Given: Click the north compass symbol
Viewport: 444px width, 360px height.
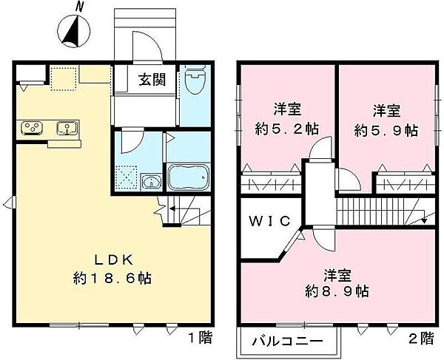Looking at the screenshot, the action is pos(73,30).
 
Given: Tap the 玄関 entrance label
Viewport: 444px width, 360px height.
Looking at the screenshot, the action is pos(152,80).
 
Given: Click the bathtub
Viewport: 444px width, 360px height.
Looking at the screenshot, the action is pos(188,177).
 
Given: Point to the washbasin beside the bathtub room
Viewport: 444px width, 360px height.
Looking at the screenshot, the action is pos(152,182).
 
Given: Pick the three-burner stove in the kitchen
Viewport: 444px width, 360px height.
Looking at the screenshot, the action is pos(33,128).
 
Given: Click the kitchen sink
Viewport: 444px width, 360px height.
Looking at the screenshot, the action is pos(67,128).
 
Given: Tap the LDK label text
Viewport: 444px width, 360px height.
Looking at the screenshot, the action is pos(114,260).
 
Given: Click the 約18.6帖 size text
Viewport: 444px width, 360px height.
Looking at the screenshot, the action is pos(112,278).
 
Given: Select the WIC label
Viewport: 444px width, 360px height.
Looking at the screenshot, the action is pos(270,221).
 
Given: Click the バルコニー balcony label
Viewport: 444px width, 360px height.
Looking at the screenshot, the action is pos(287,342).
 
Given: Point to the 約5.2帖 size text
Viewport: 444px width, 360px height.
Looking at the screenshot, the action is pos(287,129).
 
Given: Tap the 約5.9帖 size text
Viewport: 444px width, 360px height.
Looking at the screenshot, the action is pos(386,130).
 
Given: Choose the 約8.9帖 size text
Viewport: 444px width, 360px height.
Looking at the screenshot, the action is pos(337,291).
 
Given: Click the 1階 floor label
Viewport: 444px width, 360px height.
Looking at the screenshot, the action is pos(201,337).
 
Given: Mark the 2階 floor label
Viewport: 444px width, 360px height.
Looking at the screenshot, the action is pos(421,338).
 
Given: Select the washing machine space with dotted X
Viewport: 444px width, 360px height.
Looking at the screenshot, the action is pos(127,177).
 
